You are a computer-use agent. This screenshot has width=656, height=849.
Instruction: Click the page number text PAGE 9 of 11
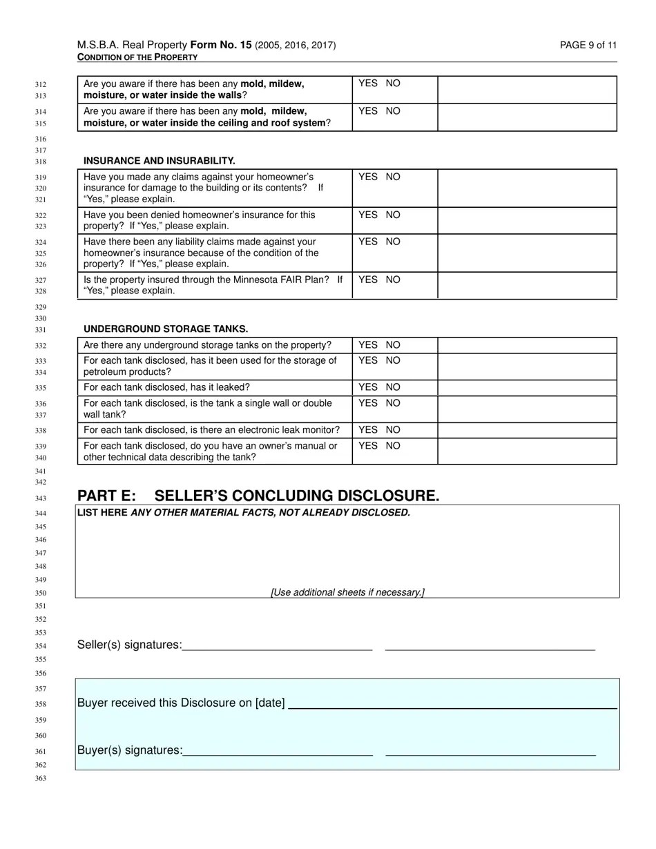pos(588,46)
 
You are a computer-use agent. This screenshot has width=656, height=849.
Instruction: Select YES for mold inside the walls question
pos(368,84)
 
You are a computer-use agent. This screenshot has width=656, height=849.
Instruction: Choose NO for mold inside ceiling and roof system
pos(393,111)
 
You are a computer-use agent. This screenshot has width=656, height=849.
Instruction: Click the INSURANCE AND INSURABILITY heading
pos(160,161)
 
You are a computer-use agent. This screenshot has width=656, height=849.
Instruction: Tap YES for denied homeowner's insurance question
pos(368,215)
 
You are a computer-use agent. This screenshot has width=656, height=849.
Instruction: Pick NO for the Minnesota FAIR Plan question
pos(393,280)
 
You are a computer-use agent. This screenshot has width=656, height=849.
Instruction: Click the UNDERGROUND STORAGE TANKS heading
pos(166,329)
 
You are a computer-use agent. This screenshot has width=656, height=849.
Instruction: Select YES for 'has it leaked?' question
pos(368,387)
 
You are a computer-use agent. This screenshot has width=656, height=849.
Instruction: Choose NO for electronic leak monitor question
pos(393,430)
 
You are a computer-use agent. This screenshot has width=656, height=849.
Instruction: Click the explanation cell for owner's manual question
pos(527,451)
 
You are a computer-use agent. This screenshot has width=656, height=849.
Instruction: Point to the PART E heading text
pos(258,496)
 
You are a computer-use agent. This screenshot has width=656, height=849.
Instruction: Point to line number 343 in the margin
pos(40,498)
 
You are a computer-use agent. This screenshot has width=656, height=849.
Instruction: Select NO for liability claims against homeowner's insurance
pos(393,242)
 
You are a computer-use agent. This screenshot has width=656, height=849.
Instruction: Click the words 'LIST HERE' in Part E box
pos(102,513)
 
